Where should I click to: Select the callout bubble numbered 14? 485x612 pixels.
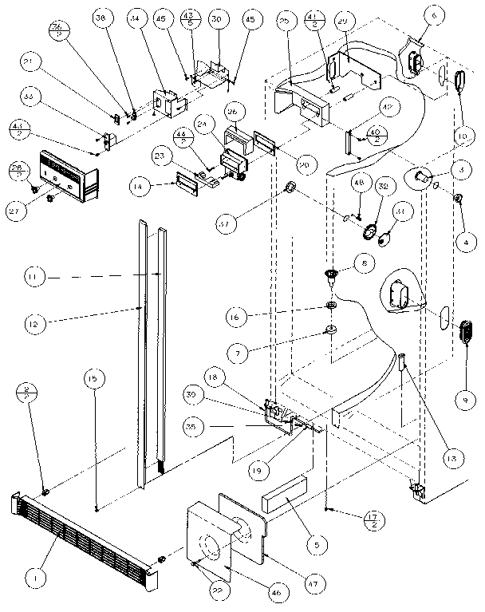pos(140,188)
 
